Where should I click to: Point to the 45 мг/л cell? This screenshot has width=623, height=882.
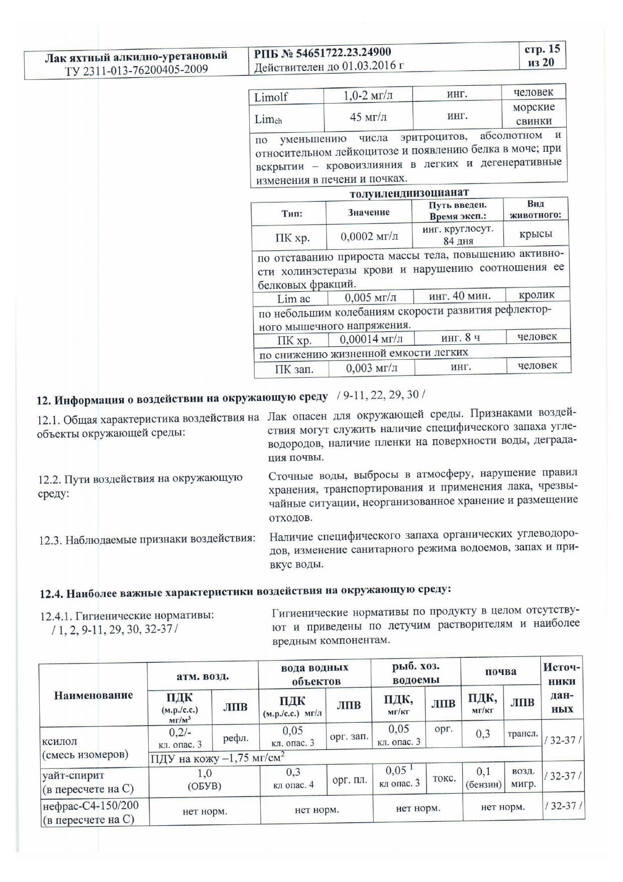pos(368,117)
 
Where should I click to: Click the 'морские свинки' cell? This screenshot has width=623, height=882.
pos(534,114)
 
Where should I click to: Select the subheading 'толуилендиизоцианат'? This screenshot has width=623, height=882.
pos(409,192)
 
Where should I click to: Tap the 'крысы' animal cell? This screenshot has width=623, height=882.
pos(536,234)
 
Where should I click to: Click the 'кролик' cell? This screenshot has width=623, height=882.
pos(537,295)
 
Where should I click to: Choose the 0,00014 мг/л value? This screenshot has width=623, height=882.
pos(371,339)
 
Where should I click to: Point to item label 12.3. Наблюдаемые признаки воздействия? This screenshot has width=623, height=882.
pos(147,539)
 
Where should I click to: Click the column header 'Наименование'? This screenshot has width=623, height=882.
pos(93,695)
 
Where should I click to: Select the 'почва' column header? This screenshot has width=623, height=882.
pos(500,671)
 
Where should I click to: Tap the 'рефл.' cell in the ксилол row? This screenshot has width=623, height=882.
pos(235,738)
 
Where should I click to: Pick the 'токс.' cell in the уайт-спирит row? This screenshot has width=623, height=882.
pos(444,778)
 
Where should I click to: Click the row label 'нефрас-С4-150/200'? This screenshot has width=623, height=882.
pos(90,806)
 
